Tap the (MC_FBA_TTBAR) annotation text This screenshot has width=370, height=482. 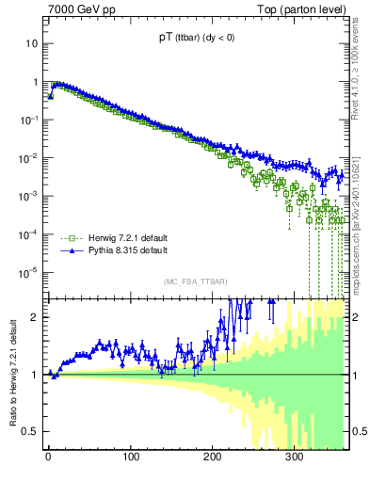coord(193,282)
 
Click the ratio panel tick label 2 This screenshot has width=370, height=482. coord(33,316)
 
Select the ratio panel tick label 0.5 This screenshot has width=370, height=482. coord(29,431)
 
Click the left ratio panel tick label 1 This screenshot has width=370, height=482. coord(33,374)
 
